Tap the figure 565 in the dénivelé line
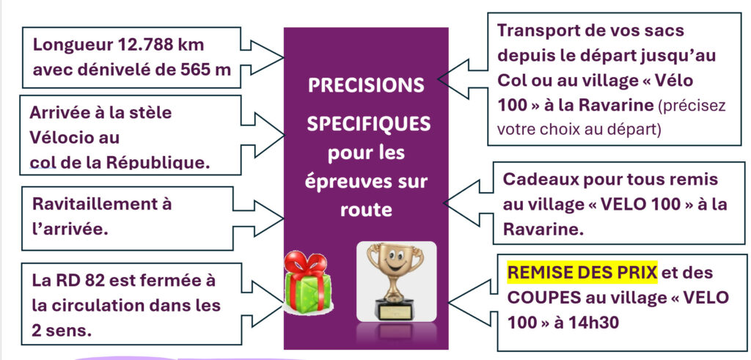point(197,70)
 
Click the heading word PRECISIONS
point(366,86)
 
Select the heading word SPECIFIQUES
point(368,125)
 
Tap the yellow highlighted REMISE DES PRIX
point(583,273)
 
